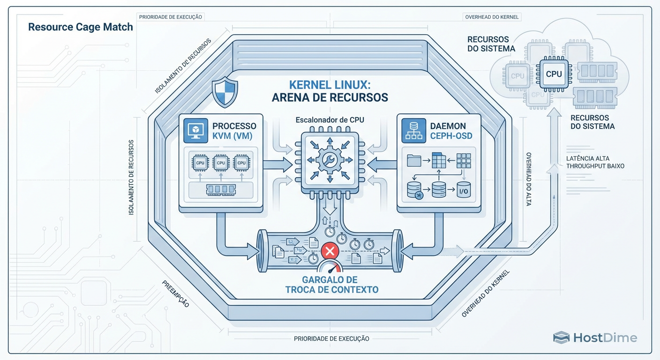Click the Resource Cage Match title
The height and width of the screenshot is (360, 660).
(80, 27)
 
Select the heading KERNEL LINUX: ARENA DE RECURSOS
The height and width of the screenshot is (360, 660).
(330, 91)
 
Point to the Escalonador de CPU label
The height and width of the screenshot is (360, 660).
(330, 120)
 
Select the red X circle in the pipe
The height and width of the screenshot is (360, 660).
(330, 251)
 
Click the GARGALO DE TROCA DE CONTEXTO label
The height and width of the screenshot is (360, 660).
(332, 285)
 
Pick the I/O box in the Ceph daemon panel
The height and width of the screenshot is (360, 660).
(463, 191)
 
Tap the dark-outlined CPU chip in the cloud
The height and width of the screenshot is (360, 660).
(554, 74)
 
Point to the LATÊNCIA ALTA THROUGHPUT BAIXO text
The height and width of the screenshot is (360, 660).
(595, 162)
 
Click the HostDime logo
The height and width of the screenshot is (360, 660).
(595, 337)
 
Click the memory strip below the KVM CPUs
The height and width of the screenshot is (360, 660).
(220, 190)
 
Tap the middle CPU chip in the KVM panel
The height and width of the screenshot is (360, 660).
(220, 163)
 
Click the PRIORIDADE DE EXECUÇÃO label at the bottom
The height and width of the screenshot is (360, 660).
(331, 338)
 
